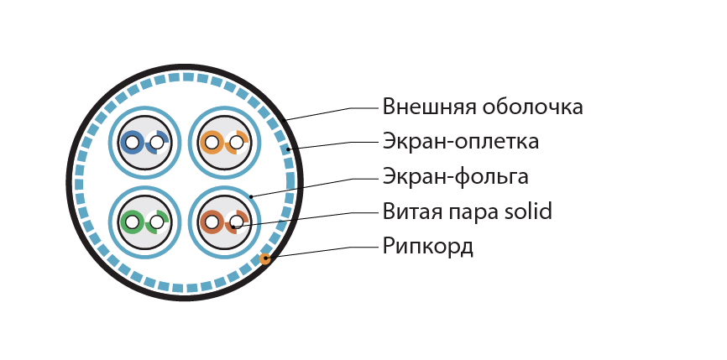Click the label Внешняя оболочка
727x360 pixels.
(483, 107)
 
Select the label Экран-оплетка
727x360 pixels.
(461, 142)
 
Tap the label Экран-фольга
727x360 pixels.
(455, 177)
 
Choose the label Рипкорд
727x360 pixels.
(427, 247)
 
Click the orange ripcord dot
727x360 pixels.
(264, 258)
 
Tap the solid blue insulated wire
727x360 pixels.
(132, 143)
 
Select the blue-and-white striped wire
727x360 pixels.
(157, 143)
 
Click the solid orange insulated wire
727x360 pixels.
(212, 143)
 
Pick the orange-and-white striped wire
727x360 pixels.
(237, 143)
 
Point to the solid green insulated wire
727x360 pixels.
(132, 222)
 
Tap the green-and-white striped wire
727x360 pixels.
(157, 222)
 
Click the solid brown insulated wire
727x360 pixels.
(212, 222)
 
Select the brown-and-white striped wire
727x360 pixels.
(237, 222)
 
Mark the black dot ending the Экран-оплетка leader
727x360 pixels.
(289, 149)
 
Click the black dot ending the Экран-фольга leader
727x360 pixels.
(251, 196)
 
